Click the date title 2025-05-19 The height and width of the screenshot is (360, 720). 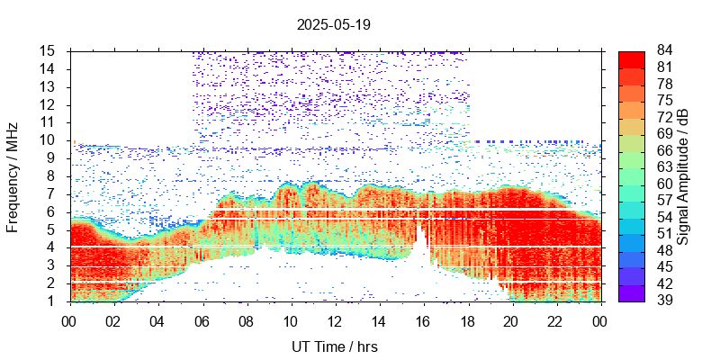(333, 24)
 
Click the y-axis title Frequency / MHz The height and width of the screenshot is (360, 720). (13, 175)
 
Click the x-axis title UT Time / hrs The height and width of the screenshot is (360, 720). (335, 347)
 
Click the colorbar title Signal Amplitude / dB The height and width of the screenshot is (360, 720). (683, 175)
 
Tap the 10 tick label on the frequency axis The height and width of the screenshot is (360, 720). (51, 139)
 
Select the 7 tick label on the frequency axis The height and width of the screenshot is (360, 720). (55, 193)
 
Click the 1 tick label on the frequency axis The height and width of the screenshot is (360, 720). (55, 301)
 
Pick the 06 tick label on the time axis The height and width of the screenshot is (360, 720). (202, 320)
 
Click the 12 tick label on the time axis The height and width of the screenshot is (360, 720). (335, 320)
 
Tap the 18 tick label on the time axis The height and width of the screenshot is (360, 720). (467, 320)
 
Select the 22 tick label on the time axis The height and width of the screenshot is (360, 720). (555, 320)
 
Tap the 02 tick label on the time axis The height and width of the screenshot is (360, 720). (113, 320)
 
